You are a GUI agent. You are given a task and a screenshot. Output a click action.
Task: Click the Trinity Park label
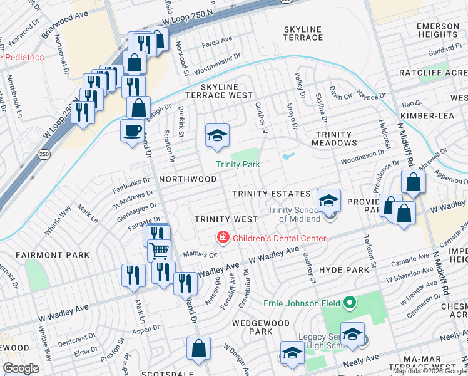(238, 164)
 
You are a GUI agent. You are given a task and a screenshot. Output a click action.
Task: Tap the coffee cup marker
(132, 131)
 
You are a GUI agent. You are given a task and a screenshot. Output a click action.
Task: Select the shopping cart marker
(160, 250)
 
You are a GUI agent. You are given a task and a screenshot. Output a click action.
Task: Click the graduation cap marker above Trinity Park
(217, 135)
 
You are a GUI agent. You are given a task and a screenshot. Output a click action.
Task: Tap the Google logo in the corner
(21, 368)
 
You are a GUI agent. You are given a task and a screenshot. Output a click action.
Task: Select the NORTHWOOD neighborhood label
(188, 179)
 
